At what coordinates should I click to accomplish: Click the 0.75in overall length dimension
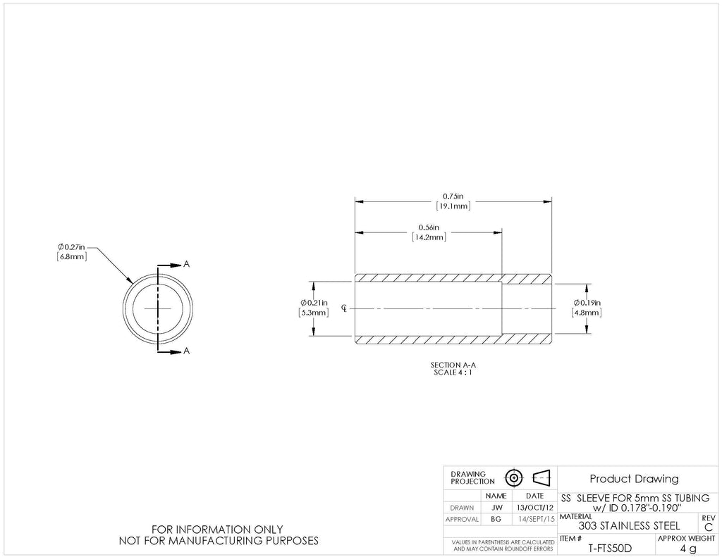coord(453,201)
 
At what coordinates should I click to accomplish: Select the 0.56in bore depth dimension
coord(429,232)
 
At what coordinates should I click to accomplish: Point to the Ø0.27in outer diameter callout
coord(71,252)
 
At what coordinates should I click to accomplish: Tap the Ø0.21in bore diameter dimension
coord(314,308)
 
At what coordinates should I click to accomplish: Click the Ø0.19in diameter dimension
coord(587,308)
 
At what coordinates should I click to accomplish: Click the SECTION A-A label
coord(453,365)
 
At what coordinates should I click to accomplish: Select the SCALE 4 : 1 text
coord(453,372)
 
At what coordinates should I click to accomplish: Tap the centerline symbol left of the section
coord(344,308)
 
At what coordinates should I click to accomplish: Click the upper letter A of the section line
coord(186,264)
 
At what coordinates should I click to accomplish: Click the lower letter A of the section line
coord(186,351)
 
